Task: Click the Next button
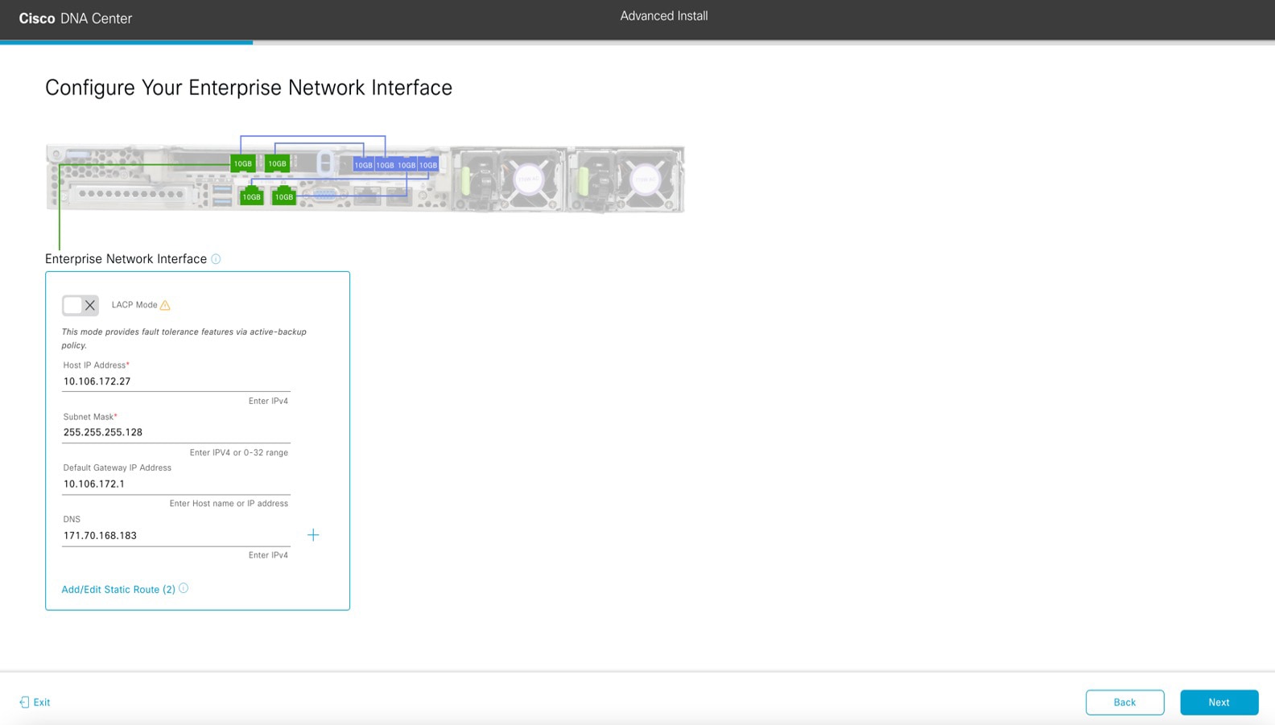[x=1219, y=702]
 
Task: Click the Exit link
[x=35, y=702]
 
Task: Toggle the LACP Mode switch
[x=80, y=306]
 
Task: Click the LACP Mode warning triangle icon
[x=165, y=305]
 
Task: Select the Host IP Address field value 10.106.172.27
[x=97, y=381]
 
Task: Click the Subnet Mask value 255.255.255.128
[x=103, y=432]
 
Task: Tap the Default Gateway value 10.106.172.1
[x=94, y=484]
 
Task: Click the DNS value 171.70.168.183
[x=100, y=535]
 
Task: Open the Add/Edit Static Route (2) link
[x=118, y=590]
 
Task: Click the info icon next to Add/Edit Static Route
[x=184, y=588]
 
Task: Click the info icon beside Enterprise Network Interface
[x=216, y=259]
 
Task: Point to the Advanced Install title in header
[x=664, y=16]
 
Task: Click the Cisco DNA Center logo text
[x=75, y=19]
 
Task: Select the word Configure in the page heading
[x=90, y=88]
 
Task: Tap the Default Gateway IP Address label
[x=118, y=468]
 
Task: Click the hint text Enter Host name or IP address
[x=229, y=504]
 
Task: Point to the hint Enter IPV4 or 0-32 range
[x=238, y=452]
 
